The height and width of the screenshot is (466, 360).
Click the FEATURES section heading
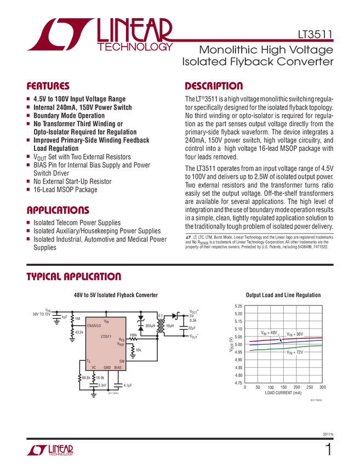48,86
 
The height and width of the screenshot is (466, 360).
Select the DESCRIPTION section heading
214,86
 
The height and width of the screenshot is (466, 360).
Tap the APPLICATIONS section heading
58,210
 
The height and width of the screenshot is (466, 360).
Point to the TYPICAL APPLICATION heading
73,275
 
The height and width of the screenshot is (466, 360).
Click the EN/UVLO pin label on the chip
94,326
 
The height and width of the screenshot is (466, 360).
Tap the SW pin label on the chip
122,361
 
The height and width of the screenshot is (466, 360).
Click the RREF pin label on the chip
121,344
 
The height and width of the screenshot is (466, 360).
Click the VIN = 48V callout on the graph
269,333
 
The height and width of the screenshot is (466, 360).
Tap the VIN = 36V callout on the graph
294,333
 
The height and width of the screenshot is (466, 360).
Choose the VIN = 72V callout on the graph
294,353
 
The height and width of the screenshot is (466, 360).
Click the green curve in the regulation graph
274,347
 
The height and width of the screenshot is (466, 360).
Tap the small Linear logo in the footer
49,450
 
